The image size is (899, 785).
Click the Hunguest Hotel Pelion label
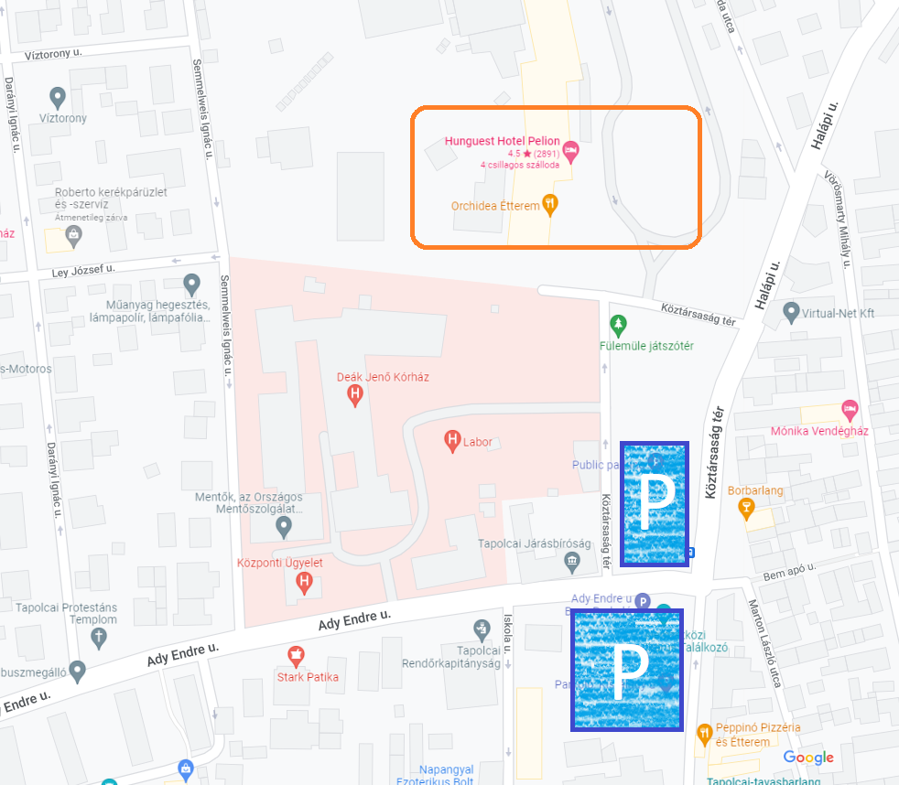coord(502,141)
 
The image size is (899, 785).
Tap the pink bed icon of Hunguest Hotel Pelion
coord(571,149)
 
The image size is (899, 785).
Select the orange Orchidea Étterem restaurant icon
coord(550,204)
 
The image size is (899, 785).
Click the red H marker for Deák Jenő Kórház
coord(355,394)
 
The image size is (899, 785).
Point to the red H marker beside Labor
coord(451,441)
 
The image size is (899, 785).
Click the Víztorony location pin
coord(58,96)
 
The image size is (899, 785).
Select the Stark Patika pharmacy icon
coord(296,655)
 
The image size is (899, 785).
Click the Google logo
coord(808,758)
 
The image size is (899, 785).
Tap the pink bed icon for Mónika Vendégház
coord(850,408)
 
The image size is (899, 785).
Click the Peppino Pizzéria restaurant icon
coord(704,733)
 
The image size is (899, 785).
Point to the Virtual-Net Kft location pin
coord(792,313)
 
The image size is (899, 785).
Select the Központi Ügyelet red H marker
coord(305,581)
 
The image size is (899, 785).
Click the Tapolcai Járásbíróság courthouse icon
coord(572,560)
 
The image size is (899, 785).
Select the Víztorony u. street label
coord(55,54)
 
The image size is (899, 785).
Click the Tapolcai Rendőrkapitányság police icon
coord(482,629)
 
